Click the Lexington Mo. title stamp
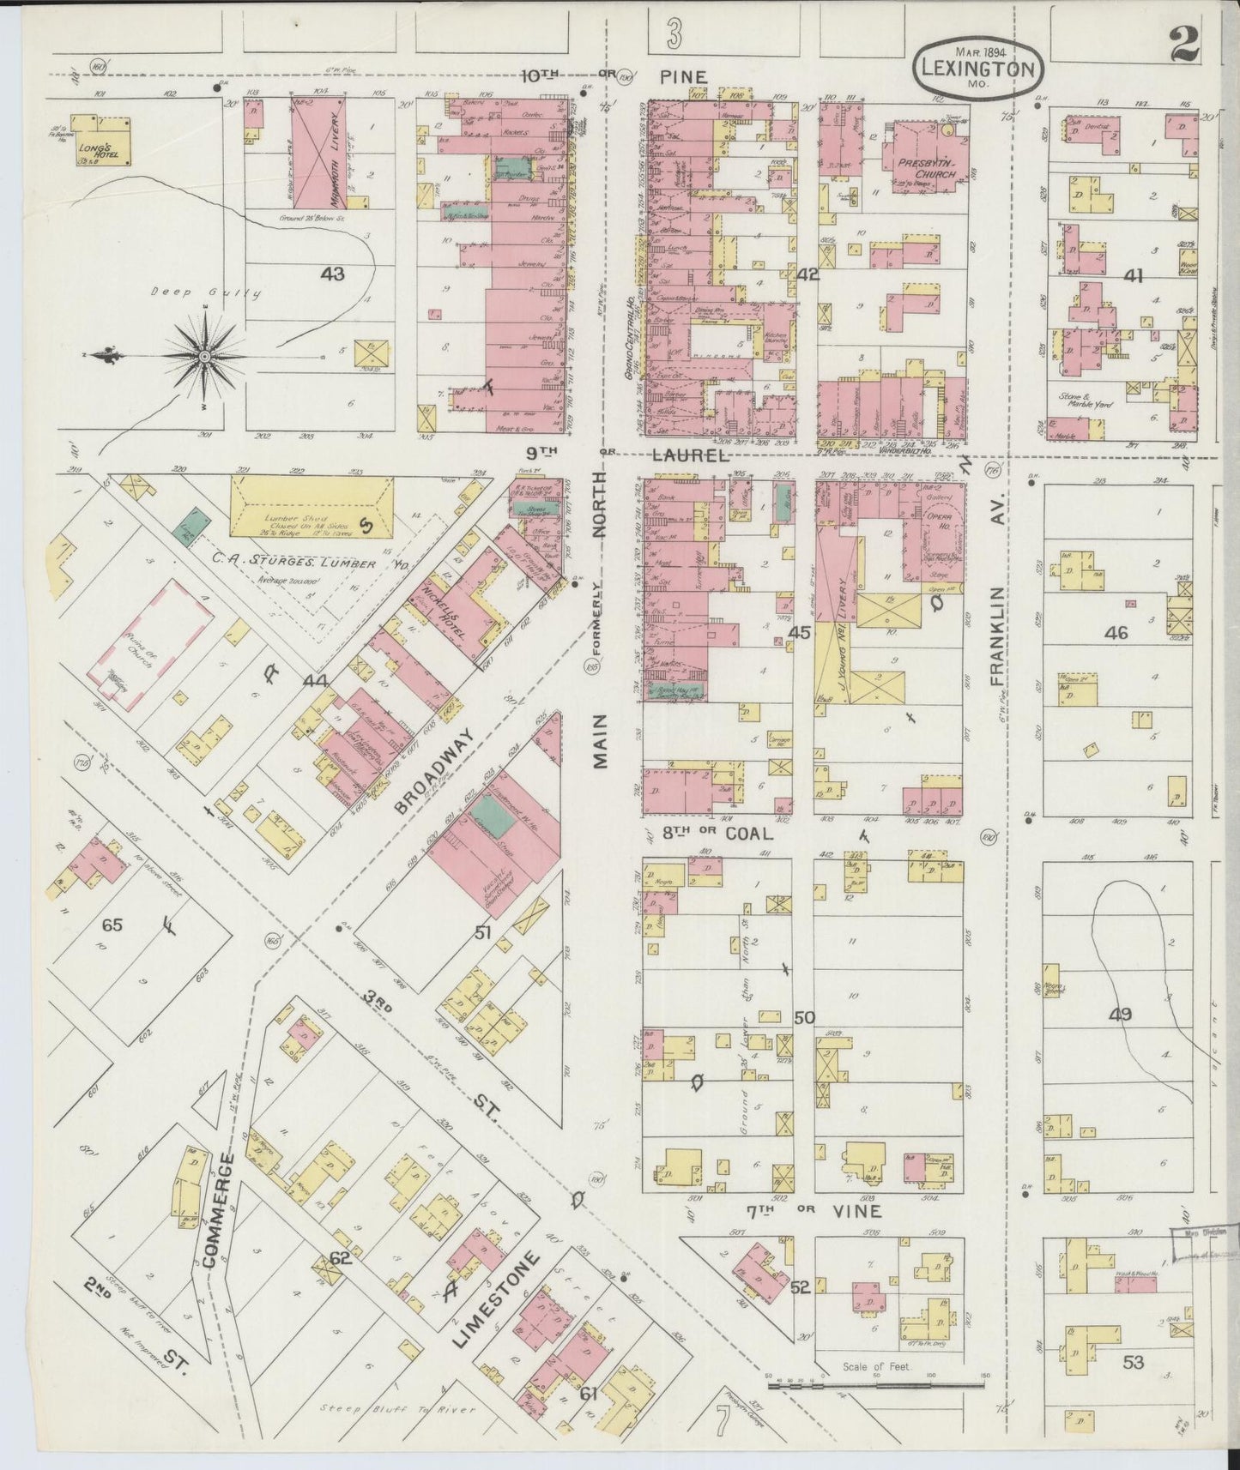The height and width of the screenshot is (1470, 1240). tap(979, 67)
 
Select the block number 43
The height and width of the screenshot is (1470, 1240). tap(332, 274)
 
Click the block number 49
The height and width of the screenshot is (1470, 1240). tap(1120, 1015)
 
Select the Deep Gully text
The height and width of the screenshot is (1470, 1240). tap(206, 293)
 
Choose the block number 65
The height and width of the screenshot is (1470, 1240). tap(112, 925)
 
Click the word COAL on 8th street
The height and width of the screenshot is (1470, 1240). tap(750, 833)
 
